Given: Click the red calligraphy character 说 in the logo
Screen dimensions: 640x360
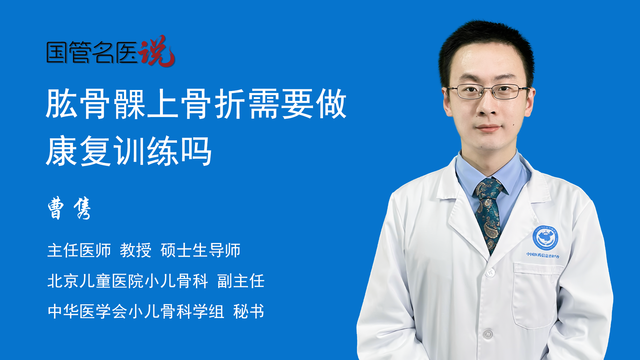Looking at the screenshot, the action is (x=157, y=51).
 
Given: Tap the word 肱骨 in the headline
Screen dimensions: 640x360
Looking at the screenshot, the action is (x=78, y=104).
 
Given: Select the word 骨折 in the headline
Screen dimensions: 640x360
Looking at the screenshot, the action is (x=213, y=104).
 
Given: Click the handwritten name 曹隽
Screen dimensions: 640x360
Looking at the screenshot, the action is (x=69, y=208).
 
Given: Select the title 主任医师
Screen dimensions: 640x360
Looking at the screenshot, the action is (x=79, y=250).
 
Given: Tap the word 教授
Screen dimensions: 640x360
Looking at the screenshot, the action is (x=136, y=250).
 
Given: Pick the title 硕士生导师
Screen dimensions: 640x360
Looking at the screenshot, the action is (x=200, y=250).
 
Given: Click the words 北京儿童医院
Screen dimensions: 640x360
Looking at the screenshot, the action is (x=95, y=281).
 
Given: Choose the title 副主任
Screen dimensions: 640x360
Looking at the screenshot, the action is (x=241, y=281).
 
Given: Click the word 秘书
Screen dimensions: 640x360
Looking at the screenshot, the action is (x=249, y=311).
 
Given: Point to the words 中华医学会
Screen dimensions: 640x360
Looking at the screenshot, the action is (x=87, y=311).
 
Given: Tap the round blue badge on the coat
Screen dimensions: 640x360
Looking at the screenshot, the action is (x=545, y=237).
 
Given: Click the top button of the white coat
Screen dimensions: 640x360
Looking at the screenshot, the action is (x=490, y=273).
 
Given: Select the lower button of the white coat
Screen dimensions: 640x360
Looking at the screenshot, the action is (x=488, y=334).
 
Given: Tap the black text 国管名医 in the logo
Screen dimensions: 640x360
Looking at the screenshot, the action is (x=92, y=52).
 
